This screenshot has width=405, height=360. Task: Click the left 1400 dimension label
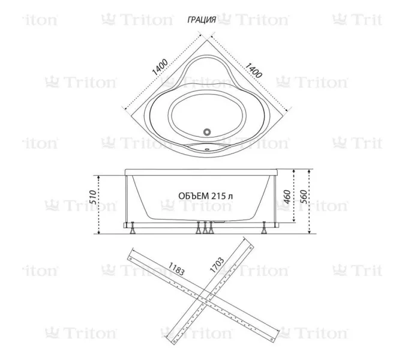(x=159, y=64)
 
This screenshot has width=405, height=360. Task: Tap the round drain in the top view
(x=207, y=130)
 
